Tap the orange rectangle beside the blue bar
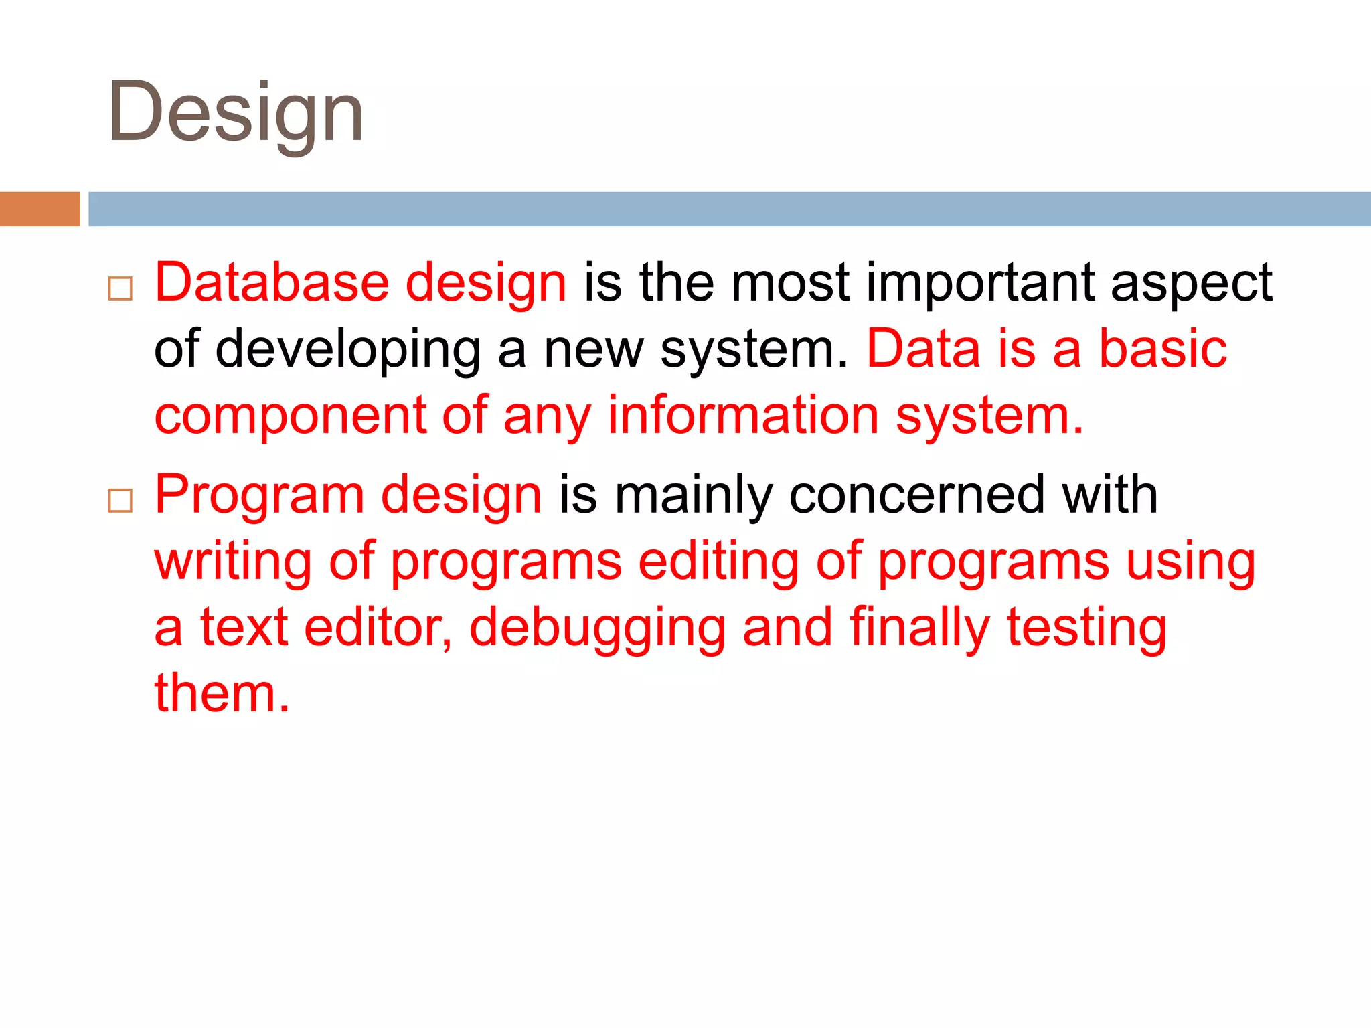tap(39, 209)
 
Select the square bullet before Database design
tap(120, 288)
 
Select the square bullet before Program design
tap(120, 500)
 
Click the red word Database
tap(272, 282)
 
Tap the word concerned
tap(917, 495)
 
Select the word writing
tap(233, 562)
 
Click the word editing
tap(718, 562)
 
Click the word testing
tap(1086, 628)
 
